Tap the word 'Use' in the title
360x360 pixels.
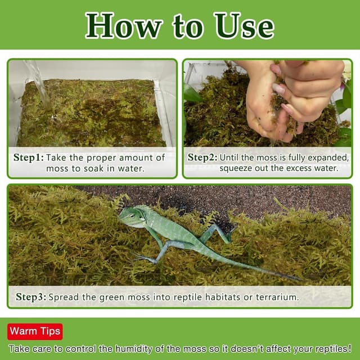coord(244,25)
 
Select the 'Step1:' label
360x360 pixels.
coord(28,157)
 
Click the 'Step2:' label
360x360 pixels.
coord(202,157)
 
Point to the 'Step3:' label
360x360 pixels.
coord(31,296)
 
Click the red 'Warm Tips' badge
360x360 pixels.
coord(35,331)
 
